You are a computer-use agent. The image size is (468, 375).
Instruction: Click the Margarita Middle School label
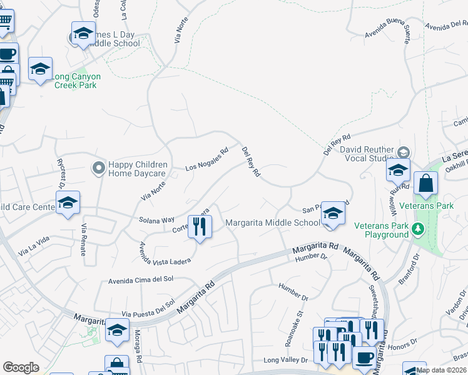[273, 222]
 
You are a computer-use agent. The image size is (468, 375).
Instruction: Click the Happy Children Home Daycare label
[137, 169]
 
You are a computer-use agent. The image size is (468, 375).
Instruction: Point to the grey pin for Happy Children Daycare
[98, 168]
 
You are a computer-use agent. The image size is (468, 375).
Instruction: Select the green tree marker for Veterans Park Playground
[418, 229]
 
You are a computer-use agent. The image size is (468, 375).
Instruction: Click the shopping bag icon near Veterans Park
[425, 184]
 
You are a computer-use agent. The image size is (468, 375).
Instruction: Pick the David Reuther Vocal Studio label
[367, 154]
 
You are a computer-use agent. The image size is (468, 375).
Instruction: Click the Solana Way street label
[158, 220]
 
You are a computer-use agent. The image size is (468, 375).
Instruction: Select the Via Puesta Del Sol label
[148, 309]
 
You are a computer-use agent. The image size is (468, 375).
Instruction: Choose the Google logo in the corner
[21, 367]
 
